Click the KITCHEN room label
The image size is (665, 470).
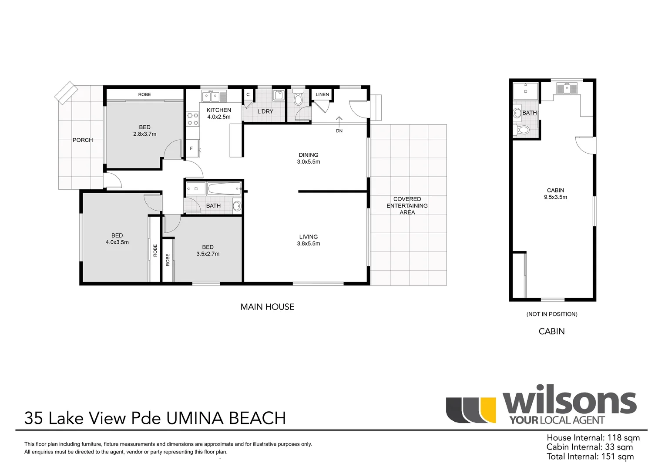click(218, 110)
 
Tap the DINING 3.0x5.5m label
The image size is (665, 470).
click(308, 158)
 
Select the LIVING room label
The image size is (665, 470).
click(308, 237)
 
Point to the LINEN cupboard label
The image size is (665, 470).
click(322, 94)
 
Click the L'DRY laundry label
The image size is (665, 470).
click(265, 111)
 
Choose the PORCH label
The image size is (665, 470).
click(83, 140)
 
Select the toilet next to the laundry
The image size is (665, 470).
click(298, 98)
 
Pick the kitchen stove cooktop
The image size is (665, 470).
click(192, 119)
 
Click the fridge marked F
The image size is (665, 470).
click(191, 148)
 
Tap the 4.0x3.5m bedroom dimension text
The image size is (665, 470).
click(117, 242)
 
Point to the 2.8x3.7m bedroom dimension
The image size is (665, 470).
click(144, 134)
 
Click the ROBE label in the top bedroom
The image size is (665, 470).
click(144, 94)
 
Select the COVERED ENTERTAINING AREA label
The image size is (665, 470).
click(407, 205)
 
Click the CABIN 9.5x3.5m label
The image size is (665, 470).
click(555, 194)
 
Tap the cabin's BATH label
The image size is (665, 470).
click(529, 113)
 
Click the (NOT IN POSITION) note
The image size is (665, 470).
click(551, 314)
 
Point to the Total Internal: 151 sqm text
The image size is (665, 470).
click(590, 457)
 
